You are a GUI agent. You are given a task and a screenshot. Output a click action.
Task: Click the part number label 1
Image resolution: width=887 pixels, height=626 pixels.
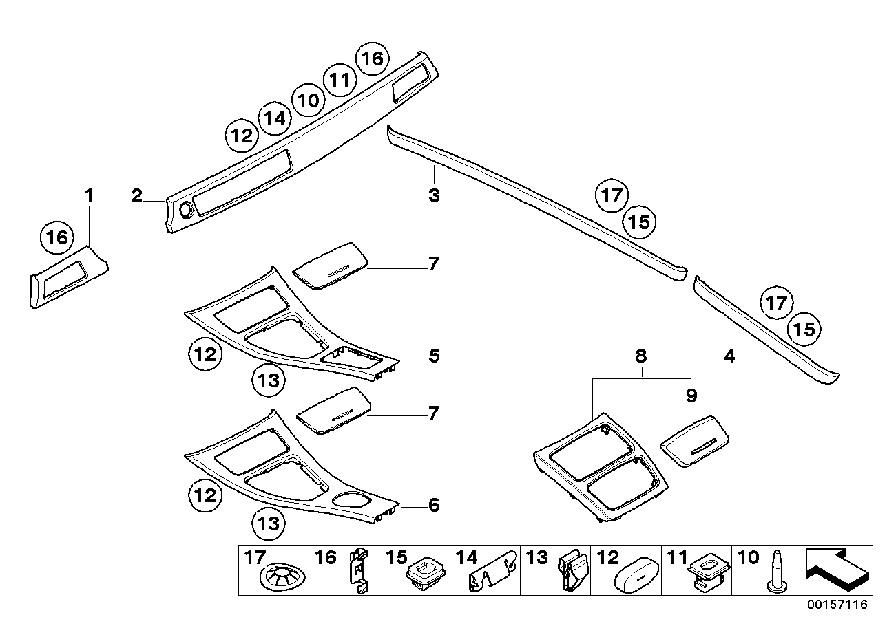[x=88, y=197]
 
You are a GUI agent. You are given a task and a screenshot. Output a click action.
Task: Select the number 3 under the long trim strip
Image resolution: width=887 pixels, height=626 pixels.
[x=433, y=196]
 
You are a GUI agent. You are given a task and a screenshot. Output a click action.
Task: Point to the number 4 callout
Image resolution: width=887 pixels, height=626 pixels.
[x=729, y=356]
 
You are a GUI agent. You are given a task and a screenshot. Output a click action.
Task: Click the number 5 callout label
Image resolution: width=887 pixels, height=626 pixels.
[x=434, y=356]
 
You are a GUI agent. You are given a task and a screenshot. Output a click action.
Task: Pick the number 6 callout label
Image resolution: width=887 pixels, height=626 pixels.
[x=434, y=506]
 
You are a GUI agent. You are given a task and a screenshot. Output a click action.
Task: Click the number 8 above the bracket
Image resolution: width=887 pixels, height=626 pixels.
[x=641, y=356]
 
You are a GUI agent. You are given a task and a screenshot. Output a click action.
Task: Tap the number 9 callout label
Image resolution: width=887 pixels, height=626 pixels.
[x=691, y=396]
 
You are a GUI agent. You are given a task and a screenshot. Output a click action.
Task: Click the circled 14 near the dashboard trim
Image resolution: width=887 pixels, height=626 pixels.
[x=274, y=118]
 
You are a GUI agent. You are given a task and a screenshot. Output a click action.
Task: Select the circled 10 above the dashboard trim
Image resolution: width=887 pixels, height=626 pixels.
[x=307, y=100]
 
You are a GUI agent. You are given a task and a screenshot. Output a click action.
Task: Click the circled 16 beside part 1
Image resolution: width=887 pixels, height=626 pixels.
[x=56, y=238]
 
